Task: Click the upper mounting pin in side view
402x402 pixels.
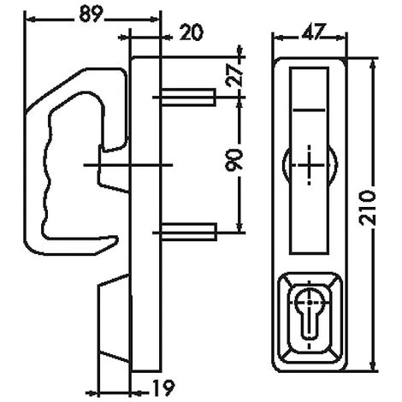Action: [186, 97]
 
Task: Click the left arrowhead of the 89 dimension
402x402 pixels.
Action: [27, 21]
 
